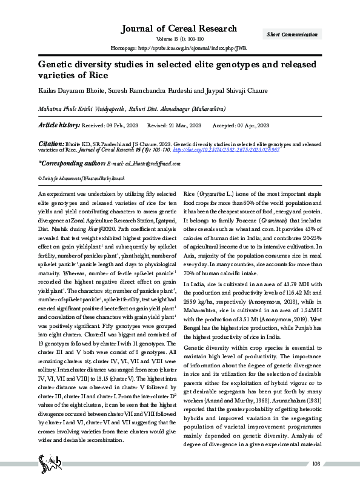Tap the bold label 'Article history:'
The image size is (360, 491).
59,125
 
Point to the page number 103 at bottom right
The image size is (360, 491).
315,481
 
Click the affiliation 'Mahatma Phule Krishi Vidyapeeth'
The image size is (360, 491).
81,109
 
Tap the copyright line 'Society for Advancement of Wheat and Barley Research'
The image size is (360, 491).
82,179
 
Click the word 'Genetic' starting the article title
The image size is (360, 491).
56,65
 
